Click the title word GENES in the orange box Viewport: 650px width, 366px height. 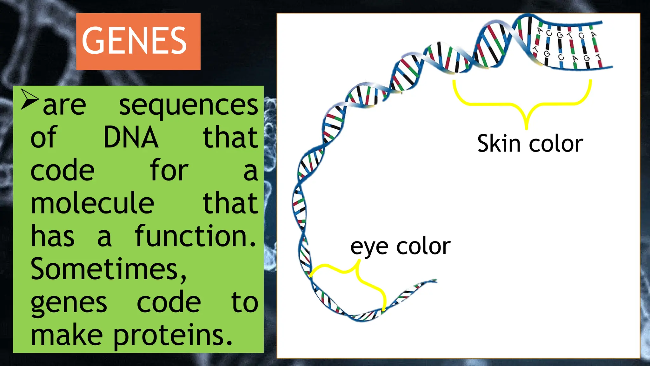point(134,41)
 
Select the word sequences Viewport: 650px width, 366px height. point(189,105)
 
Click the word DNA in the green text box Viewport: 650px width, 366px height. point(131,138)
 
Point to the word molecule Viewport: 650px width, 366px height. point(92,203)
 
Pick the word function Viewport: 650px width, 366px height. point(196,236)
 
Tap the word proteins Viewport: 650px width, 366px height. point(173,336)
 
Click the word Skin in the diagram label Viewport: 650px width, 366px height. point(499,144)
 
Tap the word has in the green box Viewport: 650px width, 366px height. point(53,236)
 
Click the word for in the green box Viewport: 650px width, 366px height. point(169,171)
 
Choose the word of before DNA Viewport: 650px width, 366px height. point(43,138)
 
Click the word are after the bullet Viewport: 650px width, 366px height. point(64,105)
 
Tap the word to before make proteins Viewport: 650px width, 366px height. point(245,302)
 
